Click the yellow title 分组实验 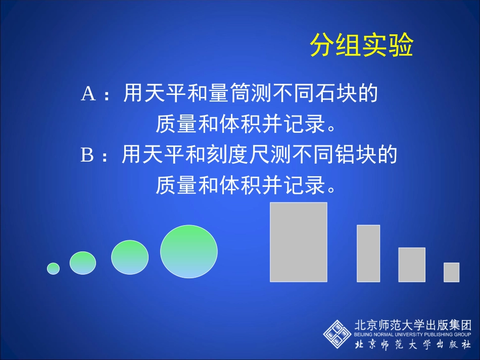(361, 46)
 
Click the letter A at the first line (88, 94)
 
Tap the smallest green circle (53, 269)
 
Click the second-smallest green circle (83, 263)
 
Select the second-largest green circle (130, 258)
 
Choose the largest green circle (189, 251)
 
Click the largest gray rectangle (299, 242)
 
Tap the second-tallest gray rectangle (368, 253)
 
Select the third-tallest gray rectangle (412, 265)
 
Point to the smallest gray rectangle (451, 272)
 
